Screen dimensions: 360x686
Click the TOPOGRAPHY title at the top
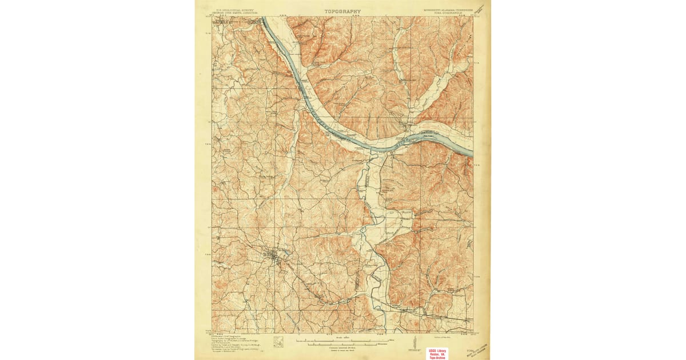[342, 11]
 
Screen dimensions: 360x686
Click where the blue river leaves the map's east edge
[471, 153]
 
